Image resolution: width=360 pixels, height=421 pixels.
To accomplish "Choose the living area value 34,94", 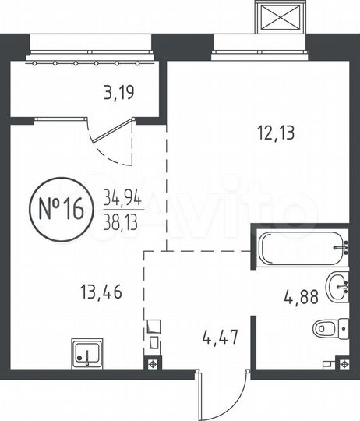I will point(118,198).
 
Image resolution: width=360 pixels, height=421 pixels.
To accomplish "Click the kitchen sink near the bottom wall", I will point(88,355).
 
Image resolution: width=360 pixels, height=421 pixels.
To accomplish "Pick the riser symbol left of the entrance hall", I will point(152,363).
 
